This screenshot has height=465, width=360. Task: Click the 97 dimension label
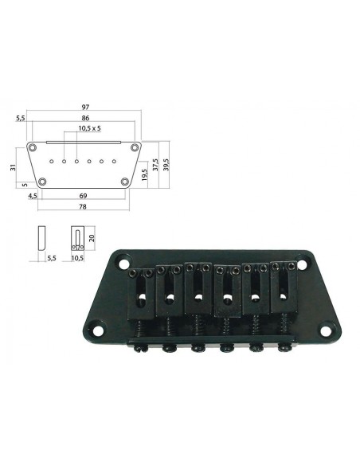click(85, 107)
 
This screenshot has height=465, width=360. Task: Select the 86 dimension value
click(85, 118)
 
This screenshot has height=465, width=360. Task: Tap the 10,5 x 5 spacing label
click(90, 128)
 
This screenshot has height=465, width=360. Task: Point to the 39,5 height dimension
click(166, 165)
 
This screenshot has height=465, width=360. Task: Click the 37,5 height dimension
click(155, 165)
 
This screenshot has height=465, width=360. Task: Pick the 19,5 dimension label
click(144, 175)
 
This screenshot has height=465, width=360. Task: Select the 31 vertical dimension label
click(13, 168)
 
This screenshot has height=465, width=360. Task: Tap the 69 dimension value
click(84, 196)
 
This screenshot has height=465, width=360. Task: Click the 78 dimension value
click(83, 207)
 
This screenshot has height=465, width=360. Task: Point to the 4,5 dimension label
click(33, 196)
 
